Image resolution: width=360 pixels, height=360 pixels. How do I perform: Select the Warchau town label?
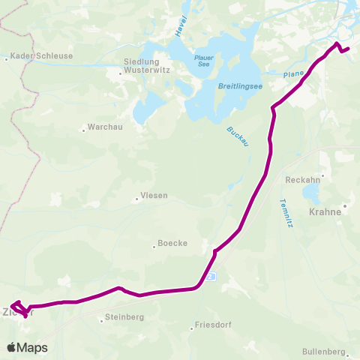(x=105, y=127)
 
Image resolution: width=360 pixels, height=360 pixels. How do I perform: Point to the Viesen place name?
(x=154, y=196)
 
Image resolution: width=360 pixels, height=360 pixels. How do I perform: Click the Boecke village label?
(x=172, y=244)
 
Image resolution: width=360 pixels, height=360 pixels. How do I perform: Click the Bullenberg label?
(x=323, y=352)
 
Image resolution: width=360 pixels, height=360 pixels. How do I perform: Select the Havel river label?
(x=180, y=27)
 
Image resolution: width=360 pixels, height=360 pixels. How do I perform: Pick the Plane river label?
(x=292, y=74)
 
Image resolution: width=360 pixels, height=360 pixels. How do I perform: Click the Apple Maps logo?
(x=27, y=347)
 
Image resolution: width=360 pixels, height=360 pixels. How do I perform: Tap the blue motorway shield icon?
(x=212, y=277)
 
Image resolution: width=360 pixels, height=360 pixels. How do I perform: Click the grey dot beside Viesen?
(x=136, y=199)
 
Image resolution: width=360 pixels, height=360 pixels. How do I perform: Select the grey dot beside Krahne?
(x=345, y=205)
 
